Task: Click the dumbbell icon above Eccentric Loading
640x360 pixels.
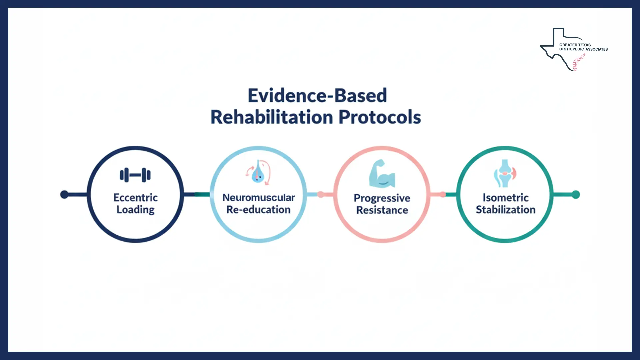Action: (x=135, y=175)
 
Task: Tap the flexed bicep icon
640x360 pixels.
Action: (x=382, y=174)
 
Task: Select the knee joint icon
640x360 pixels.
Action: (x=505, y=173)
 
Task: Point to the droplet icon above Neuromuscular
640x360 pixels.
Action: (x=258, y=173)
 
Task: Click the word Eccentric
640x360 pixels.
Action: (x=135, y=198)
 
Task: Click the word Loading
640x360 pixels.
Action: (x=135, y=210)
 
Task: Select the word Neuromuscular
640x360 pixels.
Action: (x=258, y=198)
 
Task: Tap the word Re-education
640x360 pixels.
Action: (x=258, y=210)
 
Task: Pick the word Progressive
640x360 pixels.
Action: (x=382, y=198)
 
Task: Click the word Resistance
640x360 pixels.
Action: (x=382, y=210)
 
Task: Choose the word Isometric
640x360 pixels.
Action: (x=505, y=198)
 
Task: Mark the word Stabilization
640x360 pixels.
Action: (x=505, y=210)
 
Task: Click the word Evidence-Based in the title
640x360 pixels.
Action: (x=317, y=96)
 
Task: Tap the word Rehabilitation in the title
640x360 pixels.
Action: (x=272, y=117)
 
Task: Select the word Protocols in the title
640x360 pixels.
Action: (x=380, y=117)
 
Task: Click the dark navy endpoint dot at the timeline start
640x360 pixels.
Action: (x=64, y=194)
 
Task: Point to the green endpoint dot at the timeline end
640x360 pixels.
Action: (x=576, y=194)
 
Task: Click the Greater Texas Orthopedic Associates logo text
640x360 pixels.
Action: (x=583, y=47)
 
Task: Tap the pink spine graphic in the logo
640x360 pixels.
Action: (x=579, y=62)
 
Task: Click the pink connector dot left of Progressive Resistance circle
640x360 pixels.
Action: (x=321, y=194)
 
